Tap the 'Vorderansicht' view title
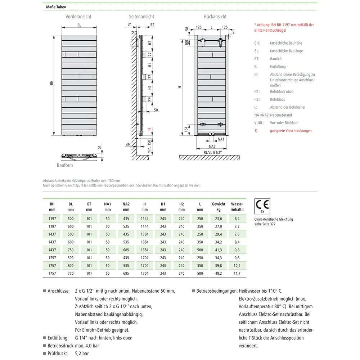pyautogui.click(x=78, y=17)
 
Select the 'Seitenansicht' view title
pyautogui.click(x=141, y=17)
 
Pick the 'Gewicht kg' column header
pyautogui.click(x=219, y=206)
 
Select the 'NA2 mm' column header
pyautogui.click(x=126, y=206)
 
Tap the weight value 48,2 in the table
pyautogui.click(x=219, y=273)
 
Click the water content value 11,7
pyautogui.click(x=237, y=273)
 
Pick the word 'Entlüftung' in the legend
pyautogui.click(x=278, y=67)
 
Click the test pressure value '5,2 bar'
pyautogui.click(x=82, y=354)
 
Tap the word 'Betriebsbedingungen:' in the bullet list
pyautogui.click(x=216, y=291)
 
